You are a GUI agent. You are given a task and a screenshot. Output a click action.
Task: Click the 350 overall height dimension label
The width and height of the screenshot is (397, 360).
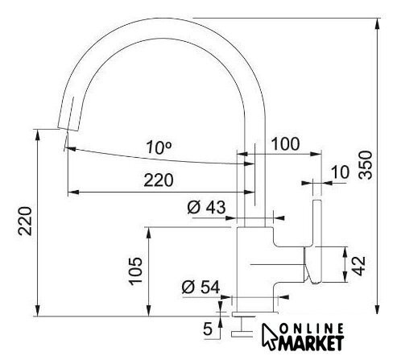(366, 165)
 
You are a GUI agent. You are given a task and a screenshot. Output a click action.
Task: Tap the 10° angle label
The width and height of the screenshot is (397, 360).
(159, 147)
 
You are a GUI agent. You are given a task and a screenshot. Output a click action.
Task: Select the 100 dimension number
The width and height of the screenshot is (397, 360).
(285, 143)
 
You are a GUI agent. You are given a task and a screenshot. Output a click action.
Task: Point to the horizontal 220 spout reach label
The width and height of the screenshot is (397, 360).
(159, 180)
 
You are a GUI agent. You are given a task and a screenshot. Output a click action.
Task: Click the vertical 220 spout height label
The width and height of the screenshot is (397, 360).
(25, 221)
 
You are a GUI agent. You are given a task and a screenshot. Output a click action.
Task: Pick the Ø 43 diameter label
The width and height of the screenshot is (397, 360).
(206, 207)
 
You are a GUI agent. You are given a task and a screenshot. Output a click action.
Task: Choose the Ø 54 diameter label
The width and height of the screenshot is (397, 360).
(201, 288)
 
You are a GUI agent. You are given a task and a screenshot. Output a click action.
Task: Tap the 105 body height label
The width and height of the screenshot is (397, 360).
(135, 271)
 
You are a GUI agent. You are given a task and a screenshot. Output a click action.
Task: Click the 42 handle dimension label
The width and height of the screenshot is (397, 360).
(359, 266)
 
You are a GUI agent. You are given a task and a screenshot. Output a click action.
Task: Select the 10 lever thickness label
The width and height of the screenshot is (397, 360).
(340, 172)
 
